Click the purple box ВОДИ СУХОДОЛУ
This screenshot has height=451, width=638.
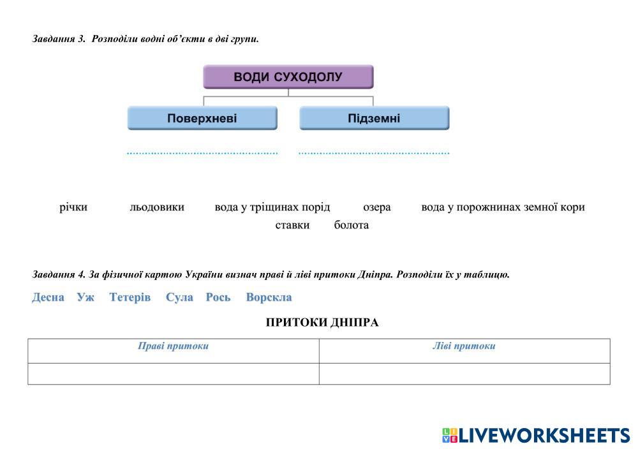(x=288, y=77)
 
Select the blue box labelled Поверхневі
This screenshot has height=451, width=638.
(x=202, y=119)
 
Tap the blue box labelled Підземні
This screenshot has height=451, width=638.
(x=375, y=119)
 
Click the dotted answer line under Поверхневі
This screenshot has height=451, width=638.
(x=202, y=153)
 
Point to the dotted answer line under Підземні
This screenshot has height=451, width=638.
(x=374, y=153)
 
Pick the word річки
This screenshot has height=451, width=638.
(x=73, y=207)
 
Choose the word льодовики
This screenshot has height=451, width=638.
(x=157, y=207)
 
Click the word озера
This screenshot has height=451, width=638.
(x=377, y=207)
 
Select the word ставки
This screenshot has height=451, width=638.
(x=292, y=225)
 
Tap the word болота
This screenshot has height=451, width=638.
(x=351, y=225)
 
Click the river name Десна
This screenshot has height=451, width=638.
(x=48, y=297)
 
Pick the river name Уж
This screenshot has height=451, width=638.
(x=85, y=297)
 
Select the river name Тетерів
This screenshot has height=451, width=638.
(x=130, y=297)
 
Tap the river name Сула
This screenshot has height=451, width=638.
(x=179, y=297)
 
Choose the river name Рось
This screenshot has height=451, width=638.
(x=218, y=297)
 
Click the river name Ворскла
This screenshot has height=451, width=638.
(x=269, y=297)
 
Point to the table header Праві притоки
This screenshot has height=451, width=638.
(x=174, y=346)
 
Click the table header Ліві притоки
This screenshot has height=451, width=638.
(x=464, y=346)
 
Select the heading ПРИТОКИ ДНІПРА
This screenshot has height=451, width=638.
(x=322, y=323)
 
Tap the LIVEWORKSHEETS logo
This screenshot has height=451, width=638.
(x=537, y=436)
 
